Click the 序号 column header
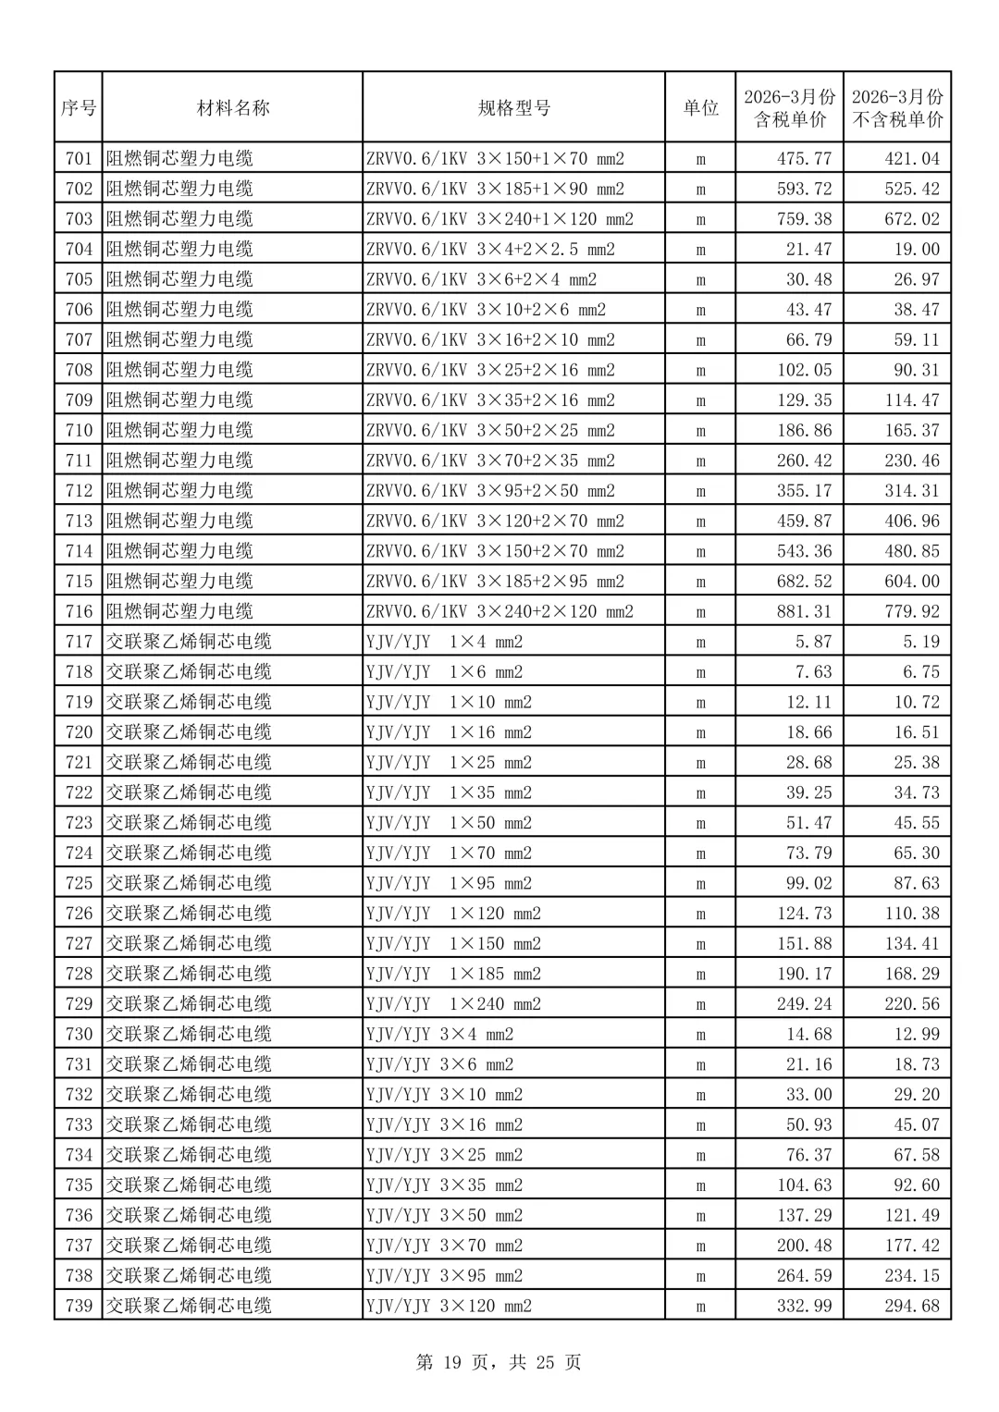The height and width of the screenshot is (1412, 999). (x=79, y=108)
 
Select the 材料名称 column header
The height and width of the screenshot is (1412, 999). (x=233, y=108)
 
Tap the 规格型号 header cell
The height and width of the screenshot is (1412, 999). (x=513, y=108)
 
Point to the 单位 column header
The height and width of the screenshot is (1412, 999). (x=700, y=108)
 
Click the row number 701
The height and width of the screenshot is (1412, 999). (x=79, y=158)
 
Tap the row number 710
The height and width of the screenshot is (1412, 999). (x=79, y=430)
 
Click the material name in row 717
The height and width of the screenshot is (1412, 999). (x=189, y=642)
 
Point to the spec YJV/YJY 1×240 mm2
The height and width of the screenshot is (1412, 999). (x=453, y=1003)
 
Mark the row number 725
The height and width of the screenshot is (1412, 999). (x=79, y=883)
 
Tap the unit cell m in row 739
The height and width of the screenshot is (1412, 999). (x=700, y=1306)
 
